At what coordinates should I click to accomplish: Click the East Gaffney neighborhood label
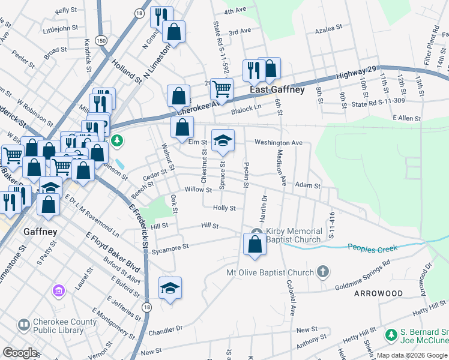277,90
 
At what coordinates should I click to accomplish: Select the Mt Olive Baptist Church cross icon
323,272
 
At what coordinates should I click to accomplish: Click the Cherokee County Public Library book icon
23,325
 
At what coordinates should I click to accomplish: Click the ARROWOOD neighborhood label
378,293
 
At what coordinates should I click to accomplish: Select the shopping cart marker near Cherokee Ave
221,89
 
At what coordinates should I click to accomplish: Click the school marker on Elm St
223,140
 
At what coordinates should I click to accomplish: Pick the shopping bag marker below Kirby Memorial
255,244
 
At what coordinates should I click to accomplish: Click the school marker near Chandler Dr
170,288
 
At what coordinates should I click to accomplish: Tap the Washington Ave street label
278,143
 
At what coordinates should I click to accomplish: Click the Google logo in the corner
20,353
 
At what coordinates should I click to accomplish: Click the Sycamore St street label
170,247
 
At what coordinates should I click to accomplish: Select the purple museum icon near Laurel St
59,292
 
